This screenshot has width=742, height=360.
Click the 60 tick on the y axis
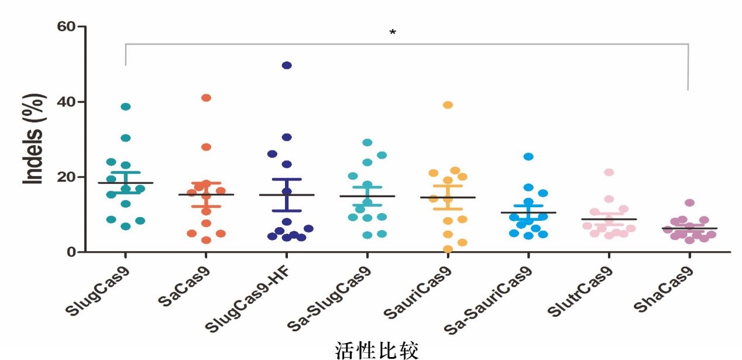[67, 26]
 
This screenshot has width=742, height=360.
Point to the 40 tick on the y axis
[67, 102]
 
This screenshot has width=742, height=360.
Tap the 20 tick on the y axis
[67, 177]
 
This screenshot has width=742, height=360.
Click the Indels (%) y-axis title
[34, 140]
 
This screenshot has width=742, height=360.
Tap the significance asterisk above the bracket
[393, 33]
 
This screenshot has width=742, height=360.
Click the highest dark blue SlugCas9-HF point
[287, 65]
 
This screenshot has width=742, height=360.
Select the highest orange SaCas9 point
[206, 98]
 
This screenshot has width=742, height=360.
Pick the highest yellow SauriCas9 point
[448, 105]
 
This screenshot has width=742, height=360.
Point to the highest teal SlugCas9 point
[125, 107]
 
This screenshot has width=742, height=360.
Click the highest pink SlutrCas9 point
[609, 172]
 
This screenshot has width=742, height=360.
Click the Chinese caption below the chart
[377, 351]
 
